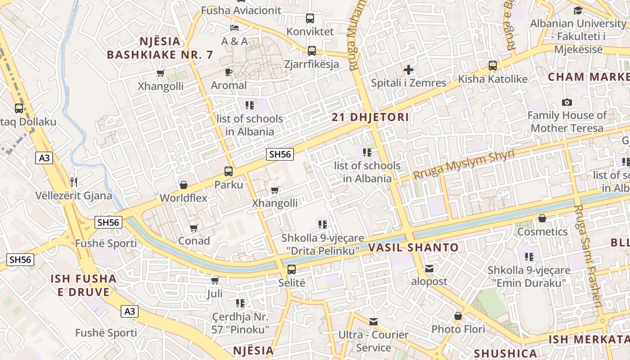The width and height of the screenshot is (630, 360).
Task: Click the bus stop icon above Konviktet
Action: [310, 18]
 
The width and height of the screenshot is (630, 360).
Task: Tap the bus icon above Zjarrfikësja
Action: [312, 51]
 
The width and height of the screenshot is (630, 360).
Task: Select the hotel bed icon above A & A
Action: [234, 28]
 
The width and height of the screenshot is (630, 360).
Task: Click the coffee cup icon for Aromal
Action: [229, 72]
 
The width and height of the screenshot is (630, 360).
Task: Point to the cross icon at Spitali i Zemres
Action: [409, 70]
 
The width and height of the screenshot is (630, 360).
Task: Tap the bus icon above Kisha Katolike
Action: [493, 66]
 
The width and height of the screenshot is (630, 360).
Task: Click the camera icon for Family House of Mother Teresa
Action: [567, 102]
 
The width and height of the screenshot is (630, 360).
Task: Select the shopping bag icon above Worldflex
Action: [184, 185]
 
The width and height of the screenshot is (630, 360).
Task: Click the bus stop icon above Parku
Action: [229, 171]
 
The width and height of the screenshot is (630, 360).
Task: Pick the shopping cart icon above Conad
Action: [194, 228]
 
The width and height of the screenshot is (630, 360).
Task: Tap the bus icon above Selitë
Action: [292, 270]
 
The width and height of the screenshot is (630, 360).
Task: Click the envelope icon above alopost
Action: [429, 269]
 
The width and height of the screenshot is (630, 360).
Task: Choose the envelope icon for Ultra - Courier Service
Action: [373, 322]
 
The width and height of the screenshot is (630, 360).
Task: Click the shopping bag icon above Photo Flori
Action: [458, 316]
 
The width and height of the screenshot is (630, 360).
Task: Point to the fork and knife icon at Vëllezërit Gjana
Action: [74, 182]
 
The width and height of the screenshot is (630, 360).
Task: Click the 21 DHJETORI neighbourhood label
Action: [370, 117]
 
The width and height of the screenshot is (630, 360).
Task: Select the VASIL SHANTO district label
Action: [414, 247]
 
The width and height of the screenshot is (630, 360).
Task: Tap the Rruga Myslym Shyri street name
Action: [463, 165]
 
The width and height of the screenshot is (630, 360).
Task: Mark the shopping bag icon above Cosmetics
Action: [542, 218]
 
